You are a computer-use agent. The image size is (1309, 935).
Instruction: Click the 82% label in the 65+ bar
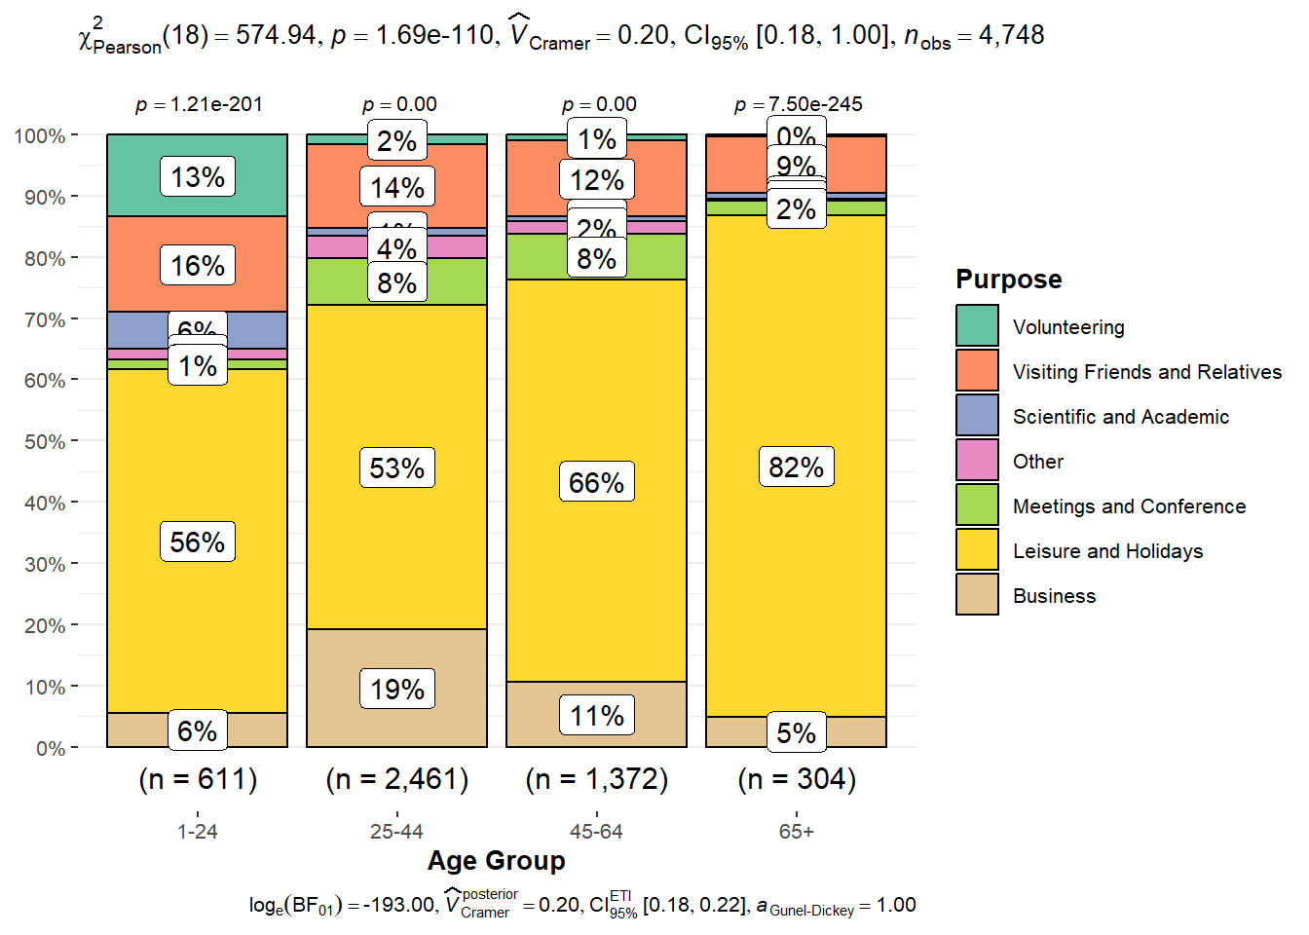[796, 467]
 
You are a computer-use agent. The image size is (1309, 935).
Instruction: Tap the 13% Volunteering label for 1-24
[198, 177]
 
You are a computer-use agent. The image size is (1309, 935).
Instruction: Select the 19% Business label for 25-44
[397, 690]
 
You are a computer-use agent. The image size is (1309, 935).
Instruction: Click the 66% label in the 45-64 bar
[596, 482]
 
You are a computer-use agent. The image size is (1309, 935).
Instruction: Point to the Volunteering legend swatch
[977, 326]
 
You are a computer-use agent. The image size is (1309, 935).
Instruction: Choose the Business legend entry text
[1054, 596]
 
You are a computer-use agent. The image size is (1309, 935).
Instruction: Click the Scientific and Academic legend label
[1120, 417]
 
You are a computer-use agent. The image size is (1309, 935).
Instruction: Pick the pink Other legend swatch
[977, 461]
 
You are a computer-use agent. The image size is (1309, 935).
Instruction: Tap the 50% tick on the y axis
[45, 442]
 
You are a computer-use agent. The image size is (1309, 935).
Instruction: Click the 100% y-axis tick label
[40, 135]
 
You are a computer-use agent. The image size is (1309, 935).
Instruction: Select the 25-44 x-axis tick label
[396, 832]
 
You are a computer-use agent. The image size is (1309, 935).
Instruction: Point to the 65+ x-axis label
[796, 832]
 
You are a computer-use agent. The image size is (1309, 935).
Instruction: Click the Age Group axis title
[496, 861]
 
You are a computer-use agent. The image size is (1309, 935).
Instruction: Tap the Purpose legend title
[1008, 280]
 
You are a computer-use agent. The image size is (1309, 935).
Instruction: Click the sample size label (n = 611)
[198, 779]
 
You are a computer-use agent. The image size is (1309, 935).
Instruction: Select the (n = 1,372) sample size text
[596, 779]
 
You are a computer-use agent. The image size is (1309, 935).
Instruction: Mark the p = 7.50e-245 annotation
[798, 104]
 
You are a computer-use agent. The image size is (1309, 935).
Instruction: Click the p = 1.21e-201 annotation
[199, 104]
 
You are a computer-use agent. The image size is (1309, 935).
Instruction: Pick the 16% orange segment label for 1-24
[198, 266]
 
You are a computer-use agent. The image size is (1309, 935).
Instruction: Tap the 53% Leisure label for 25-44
[397, 468]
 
